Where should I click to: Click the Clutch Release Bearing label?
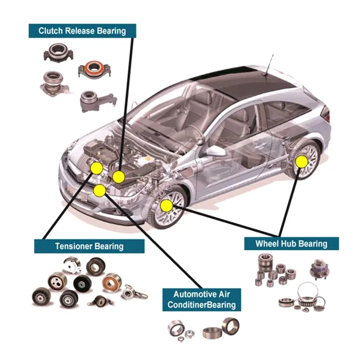82,31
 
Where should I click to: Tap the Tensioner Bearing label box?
89,246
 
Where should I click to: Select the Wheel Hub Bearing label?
292,244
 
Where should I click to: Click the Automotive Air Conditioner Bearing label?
202,300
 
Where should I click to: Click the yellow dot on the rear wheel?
302,162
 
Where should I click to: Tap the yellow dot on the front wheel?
167,206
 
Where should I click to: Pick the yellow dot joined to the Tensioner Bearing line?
97,168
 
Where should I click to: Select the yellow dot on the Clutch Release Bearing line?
119,177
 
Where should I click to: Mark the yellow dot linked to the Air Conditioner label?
100,190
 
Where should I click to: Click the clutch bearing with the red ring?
94,69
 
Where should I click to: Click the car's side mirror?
216,151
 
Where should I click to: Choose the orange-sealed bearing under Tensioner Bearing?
112,283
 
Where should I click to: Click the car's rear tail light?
325,114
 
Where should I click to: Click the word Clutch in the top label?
51,31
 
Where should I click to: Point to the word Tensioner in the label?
74,246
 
